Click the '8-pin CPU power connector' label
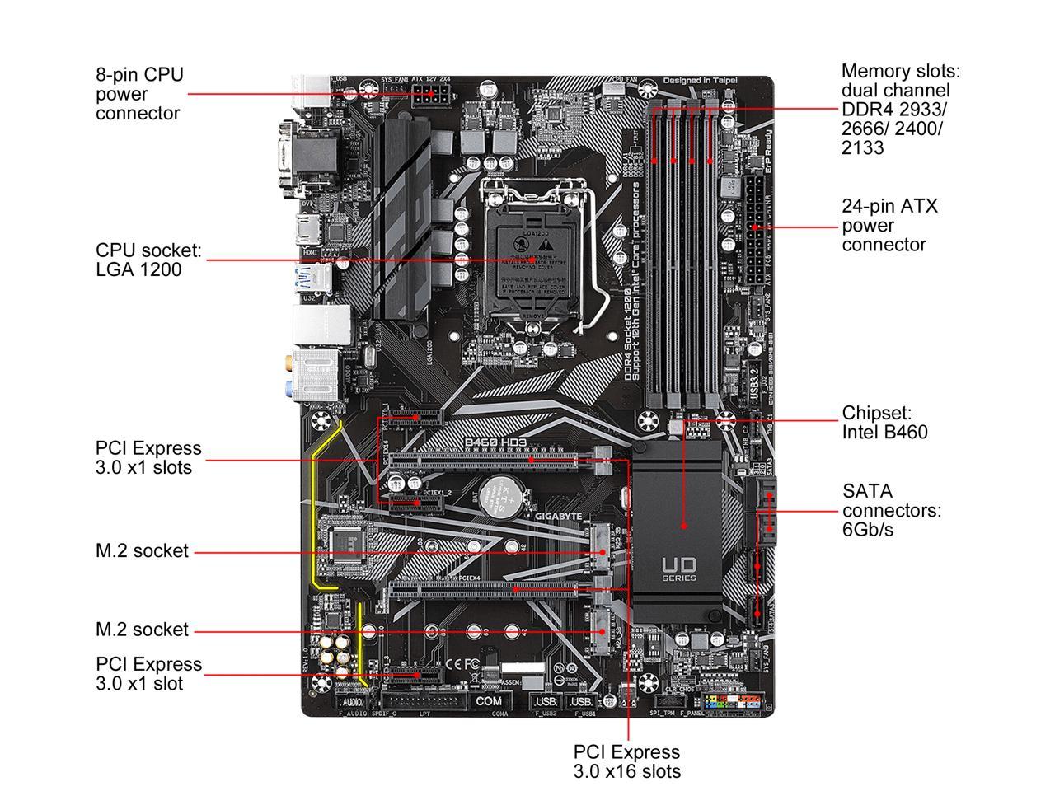point(138,94)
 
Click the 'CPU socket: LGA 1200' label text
point(148,260)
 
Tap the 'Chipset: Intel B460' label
point(884,422)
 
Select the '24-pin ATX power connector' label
point(889,225)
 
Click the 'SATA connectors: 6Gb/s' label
point(891,510)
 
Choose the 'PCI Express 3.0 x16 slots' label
point(626,761)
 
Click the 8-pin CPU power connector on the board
point(432,94)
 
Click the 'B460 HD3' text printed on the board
point(495,442)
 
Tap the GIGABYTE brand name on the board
point(559,516)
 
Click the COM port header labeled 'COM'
point(488,701)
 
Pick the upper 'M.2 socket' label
point(142,550)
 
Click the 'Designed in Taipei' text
point(700,81)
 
